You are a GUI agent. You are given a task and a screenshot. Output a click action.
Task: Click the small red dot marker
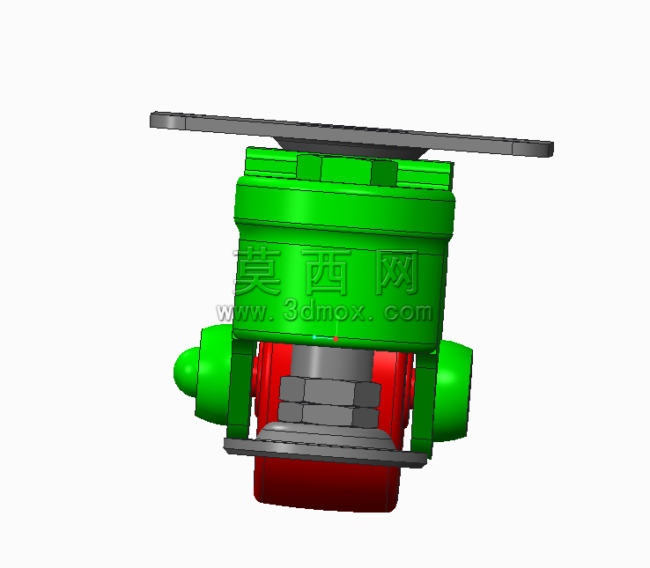(x=336, y=339)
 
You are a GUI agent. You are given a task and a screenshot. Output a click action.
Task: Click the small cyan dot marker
(x=314, y=337)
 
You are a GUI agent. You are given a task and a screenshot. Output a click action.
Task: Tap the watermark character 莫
(x=258, y=270)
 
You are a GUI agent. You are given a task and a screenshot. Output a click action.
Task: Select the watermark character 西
(x=326, y=272)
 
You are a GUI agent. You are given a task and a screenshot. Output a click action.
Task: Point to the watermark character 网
(x=396, y=272)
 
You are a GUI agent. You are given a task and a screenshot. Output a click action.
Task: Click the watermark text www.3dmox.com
(x=324, y=312)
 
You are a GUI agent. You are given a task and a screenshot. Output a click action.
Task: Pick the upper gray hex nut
(x=329, y=391)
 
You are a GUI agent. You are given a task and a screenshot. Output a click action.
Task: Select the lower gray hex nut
(x=328, y=415)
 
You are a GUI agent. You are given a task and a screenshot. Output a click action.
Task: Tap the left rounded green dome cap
(x=186, y=372)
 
